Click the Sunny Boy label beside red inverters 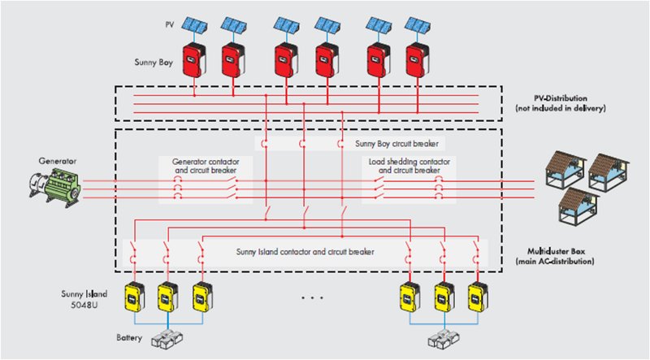[152, 61]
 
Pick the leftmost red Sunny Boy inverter [194, 59]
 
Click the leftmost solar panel [193, 24]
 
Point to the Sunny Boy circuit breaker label [391, 142]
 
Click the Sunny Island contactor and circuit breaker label [305, 253]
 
